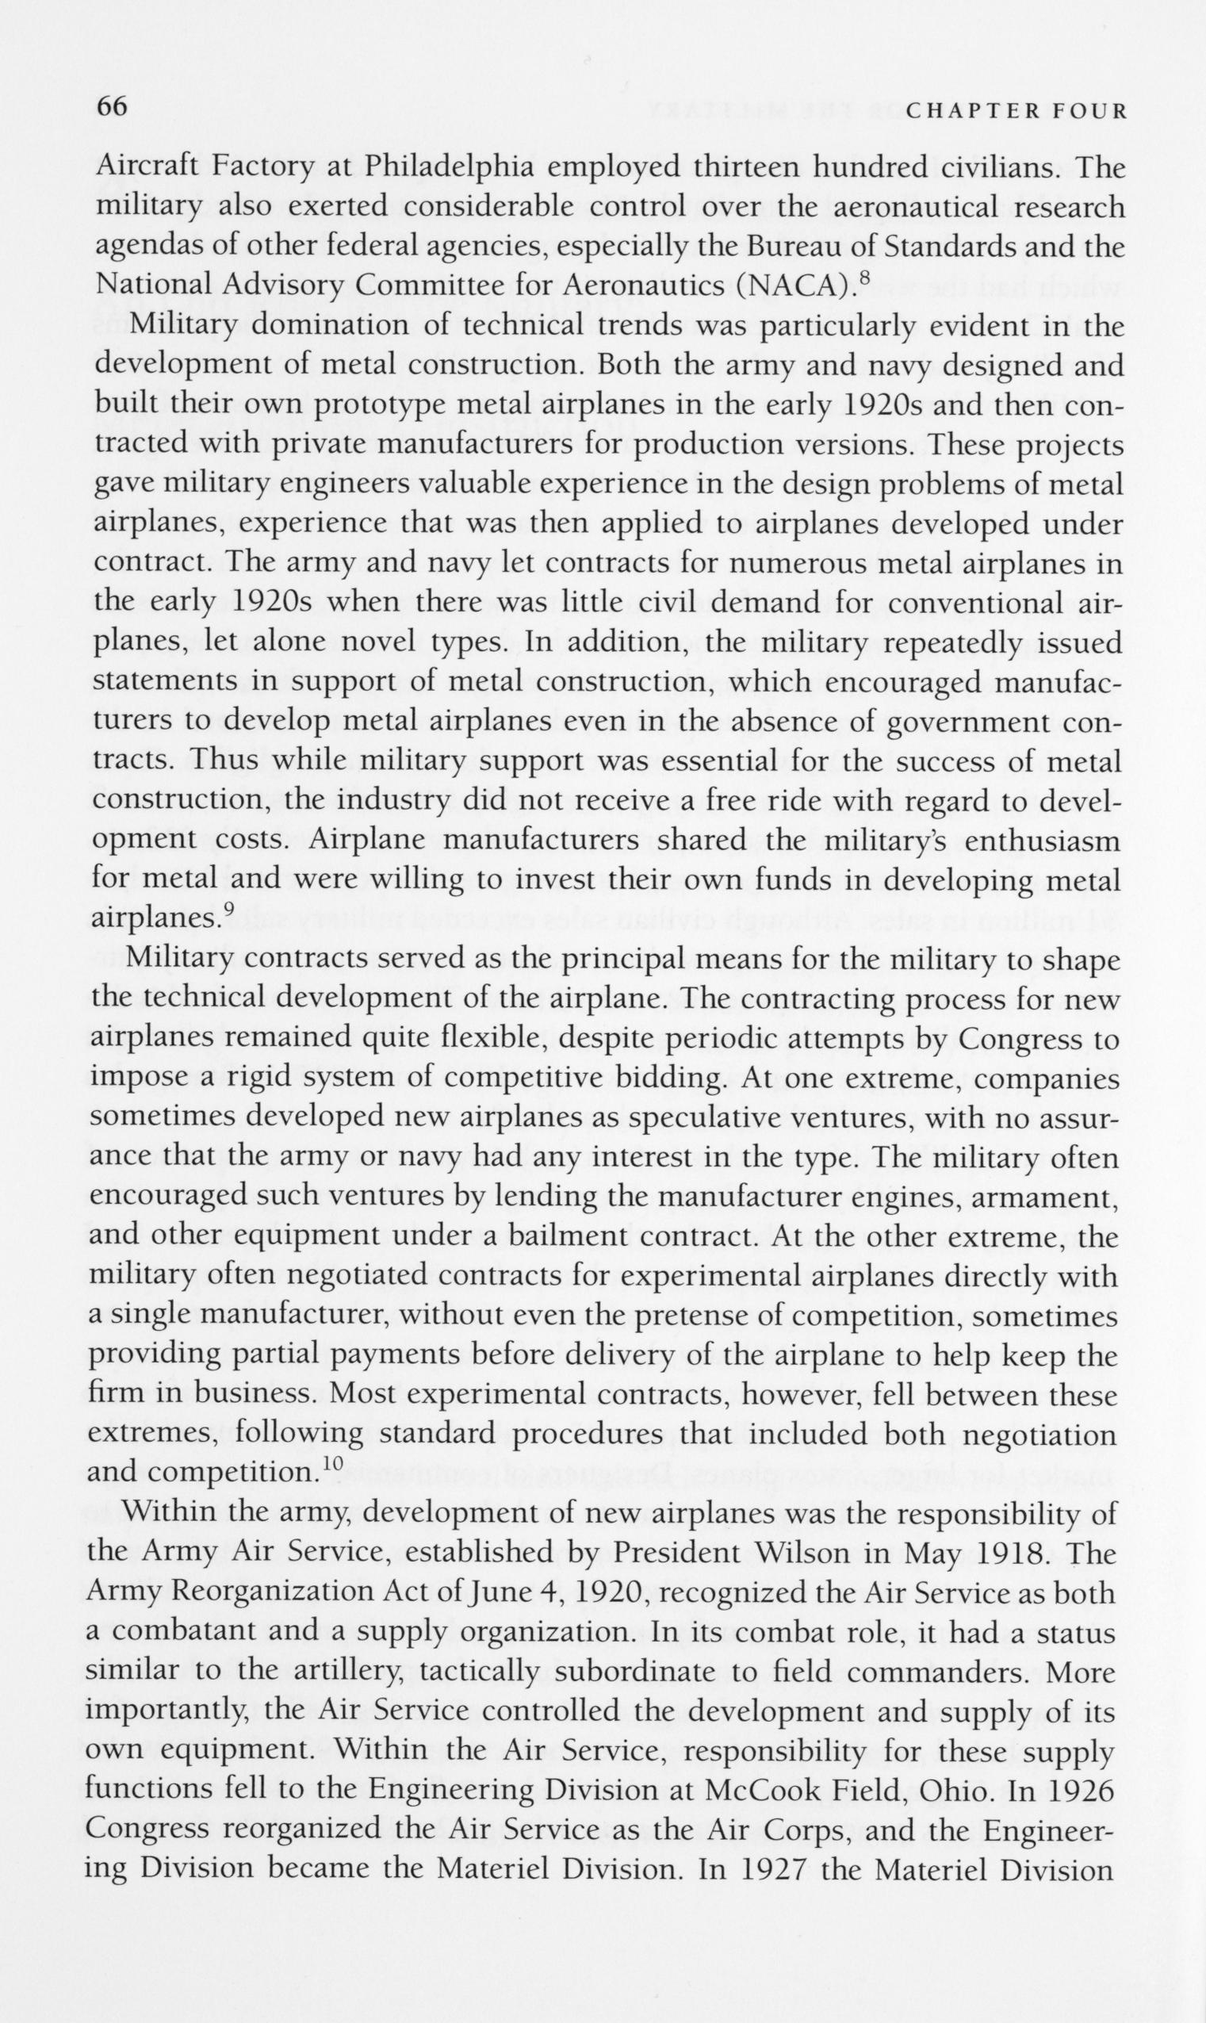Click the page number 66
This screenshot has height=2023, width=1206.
112,106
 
